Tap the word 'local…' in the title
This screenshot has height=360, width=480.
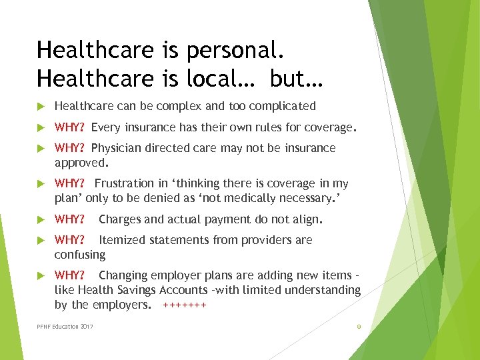coord(224,79)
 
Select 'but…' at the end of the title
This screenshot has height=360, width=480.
coord(297,79)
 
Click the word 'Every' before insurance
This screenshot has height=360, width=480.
coord(105,127)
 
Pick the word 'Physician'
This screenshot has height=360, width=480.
coord(116,148)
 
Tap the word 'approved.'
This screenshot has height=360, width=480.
coord(81,162)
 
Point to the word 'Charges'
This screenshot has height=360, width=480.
coord(121,219)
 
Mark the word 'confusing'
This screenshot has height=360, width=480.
coord(80,255)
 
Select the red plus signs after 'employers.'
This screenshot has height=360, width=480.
coord(185,305)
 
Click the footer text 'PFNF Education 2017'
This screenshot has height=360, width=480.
coord(65,326)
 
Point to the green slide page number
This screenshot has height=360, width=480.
coord(359,327)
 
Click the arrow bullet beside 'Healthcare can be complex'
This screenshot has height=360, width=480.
coord(41,106)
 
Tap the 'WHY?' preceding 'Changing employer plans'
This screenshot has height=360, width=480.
coord(69,275)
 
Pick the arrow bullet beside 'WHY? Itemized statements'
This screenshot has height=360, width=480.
coord(41,240)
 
